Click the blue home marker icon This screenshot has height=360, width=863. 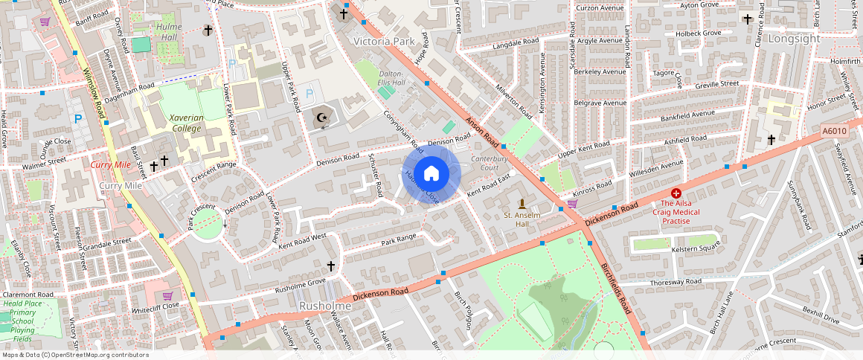coord(431,174)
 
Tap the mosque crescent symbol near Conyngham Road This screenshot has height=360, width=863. coord(323,118)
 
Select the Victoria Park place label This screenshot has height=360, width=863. coord(384,42)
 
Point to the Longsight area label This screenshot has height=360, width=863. coord(794,38)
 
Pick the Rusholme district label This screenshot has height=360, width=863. coord(324,306)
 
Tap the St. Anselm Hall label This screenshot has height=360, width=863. coord(522,219)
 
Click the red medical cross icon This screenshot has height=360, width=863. coord(676,193)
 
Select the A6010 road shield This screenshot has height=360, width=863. coord(835,131)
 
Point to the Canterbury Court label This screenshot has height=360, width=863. coord(489,163)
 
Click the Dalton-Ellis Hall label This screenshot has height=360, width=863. coord(391,78)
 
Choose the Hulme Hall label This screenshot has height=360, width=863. coord(168,31)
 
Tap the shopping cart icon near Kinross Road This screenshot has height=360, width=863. coord(572,203)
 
